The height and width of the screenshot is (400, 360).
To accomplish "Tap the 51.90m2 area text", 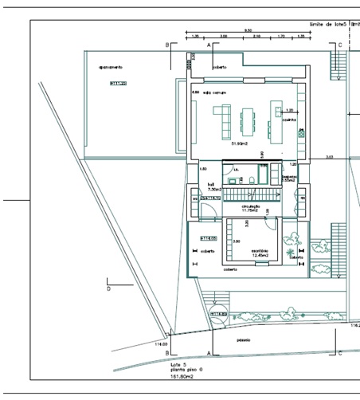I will coord(239,144).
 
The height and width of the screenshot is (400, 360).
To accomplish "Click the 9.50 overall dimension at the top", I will coord(248,29).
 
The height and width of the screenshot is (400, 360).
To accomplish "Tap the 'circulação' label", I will coord(251,206).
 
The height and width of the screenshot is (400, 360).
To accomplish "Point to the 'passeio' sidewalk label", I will coord(244,340).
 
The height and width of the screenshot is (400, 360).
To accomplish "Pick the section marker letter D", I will coord(108,289).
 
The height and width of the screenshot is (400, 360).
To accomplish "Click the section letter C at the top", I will coord(340,46).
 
